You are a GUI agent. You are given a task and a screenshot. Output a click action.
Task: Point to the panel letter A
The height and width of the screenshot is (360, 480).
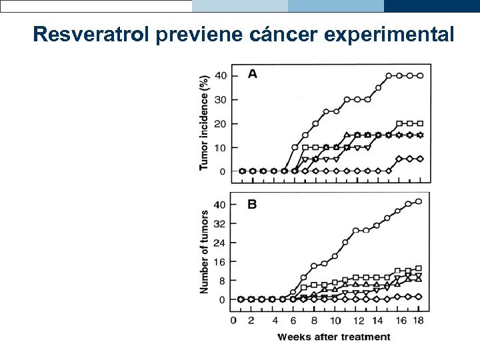253,74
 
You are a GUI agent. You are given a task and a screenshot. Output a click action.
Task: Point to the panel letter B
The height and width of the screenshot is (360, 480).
252,205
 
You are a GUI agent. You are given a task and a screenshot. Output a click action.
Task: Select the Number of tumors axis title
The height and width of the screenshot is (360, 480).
205,252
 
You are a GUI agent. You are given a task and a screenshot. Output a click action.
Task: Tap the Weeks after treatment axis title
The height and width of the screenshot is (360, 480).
333,337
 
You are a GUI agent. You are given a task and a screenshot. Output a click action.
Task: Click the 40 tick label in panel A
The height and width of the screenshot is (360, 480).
220,75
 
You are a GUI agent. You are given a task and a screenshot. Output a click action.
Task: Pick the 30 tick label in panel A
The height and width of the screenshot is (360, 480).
220,99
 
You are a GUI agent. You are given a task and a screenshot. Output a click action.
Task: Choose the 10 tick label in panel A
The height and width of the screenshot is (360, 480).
220,147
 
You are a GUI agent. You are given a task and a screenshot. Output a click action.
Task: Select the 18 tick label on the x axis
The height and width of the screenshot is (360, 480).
419,321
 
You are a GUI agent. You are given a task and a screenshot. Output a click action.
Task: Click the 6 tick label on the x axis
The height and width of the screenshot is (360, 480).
294,321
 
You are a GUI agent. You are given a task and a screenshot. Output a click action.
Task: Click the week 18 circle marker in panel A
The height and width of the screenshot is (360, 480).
419,75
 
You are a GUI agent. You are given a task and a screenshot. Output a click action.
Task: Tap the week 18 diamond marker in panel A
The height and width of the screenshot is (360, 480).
419,159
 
